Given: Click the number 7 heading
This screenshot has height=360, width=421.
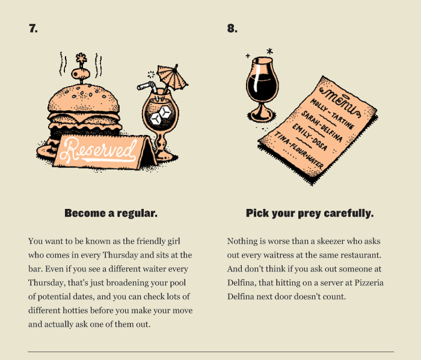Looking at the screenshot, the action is pyautogui.click(x=33, y=28).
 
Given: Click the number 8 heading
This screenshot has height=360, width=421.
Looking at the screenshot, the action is pyautogui.click(x=232, y=28).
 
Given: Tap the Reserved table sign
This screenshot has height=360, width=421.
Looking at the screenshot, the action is pyautogui.click(x=105, y=152).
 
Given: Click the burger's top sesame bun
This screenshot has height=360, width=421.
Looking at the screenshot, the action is pyautogui.click(x=84, y=99).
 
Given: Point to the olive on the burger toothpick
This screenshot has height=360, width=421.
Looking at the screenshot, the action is pyautogui.click(x=80, y=73).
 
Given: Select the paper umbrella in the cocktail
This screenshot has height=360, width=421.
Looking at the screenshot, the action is pyautogui.click(x=172, y=77).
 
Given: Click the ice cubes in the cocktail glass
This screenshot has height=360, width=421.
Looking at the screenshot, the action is pyautogui.click(x=161, y=116).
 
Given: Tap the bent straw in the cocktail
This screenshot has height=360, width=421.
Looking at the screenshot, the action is pyautogui.click(x=148, y=88).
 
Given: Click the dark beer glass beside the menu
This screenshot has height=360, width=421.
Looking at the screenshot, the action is pyautogui.click(x=262, y=88).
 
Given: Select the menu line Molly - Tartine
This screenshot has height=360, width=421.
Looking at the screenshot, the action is pyautogui.click(x=332, y=114).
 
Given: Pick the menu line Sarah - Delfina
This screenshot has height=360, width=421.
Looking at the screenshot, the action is pyautogui.click(x=321, y=126).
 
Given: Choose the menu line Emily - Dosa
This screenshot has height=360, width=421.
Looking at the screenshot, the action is pyautogui.click(x=310, y=137).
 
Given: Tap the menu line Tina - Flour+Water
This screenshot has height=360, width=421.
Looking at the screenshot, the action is pyautogui.click(x=298, y=150).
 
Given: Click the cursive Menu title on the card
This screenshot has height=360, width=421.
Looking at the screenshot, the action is pyautogui.click(x=340, y=102).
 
